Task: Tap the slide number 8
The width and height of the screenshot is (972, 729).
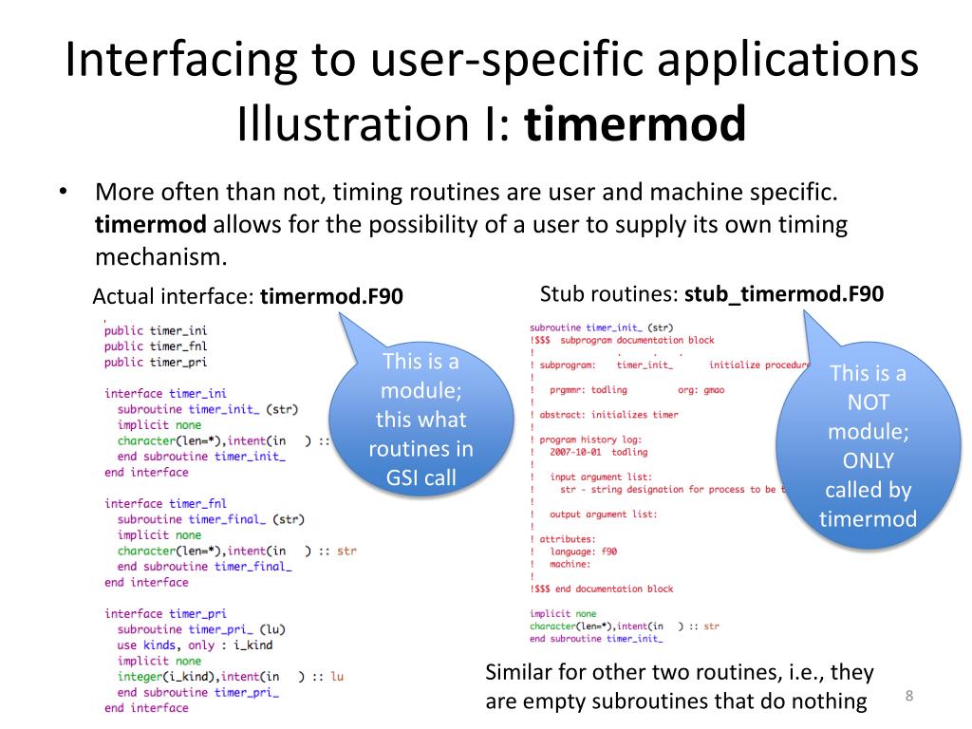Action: [909, 697]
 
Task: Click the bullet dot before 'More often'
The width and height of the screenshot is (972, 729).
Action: [63, 192]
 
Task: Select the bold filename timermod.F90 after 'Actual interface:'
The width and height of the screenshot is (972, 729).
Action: [331, 297]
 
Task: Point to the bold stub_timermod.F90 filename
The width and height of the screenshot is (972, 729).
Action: [784, 294]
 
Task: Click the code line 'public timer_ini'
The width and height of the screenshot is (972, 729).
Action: [155, 330]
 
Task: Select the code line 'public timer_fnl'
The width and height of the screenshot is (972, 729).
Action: [155, 346]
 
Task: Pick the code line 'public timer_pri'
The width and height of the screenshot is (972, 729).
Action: [155, 362]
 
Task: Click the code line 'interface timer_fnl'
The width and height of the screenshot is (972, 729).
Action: [165, 503]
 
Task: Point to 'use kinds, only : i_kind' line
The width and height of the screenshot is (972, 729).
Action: [195, 645]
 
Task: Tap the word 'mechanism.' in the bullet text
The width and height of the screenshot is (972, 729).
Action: [161, 255]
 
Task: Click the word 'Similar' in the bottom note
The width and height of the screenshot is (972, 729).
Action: [518, 673]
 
